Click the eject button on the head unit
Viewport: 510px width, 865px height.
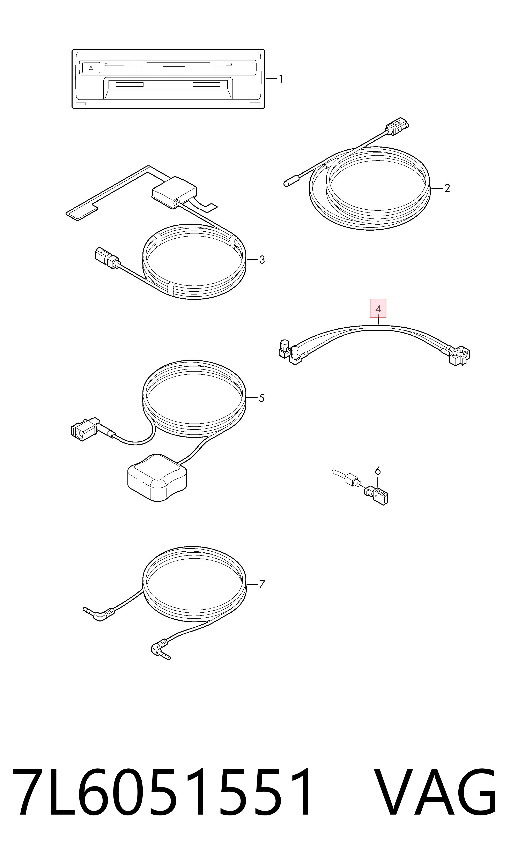click(x=91, y=68)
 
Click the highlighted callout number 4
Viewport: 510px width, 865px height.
click(x=378, y=308)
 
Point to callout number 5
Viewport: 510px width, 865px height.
click(x=261, y=398)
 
